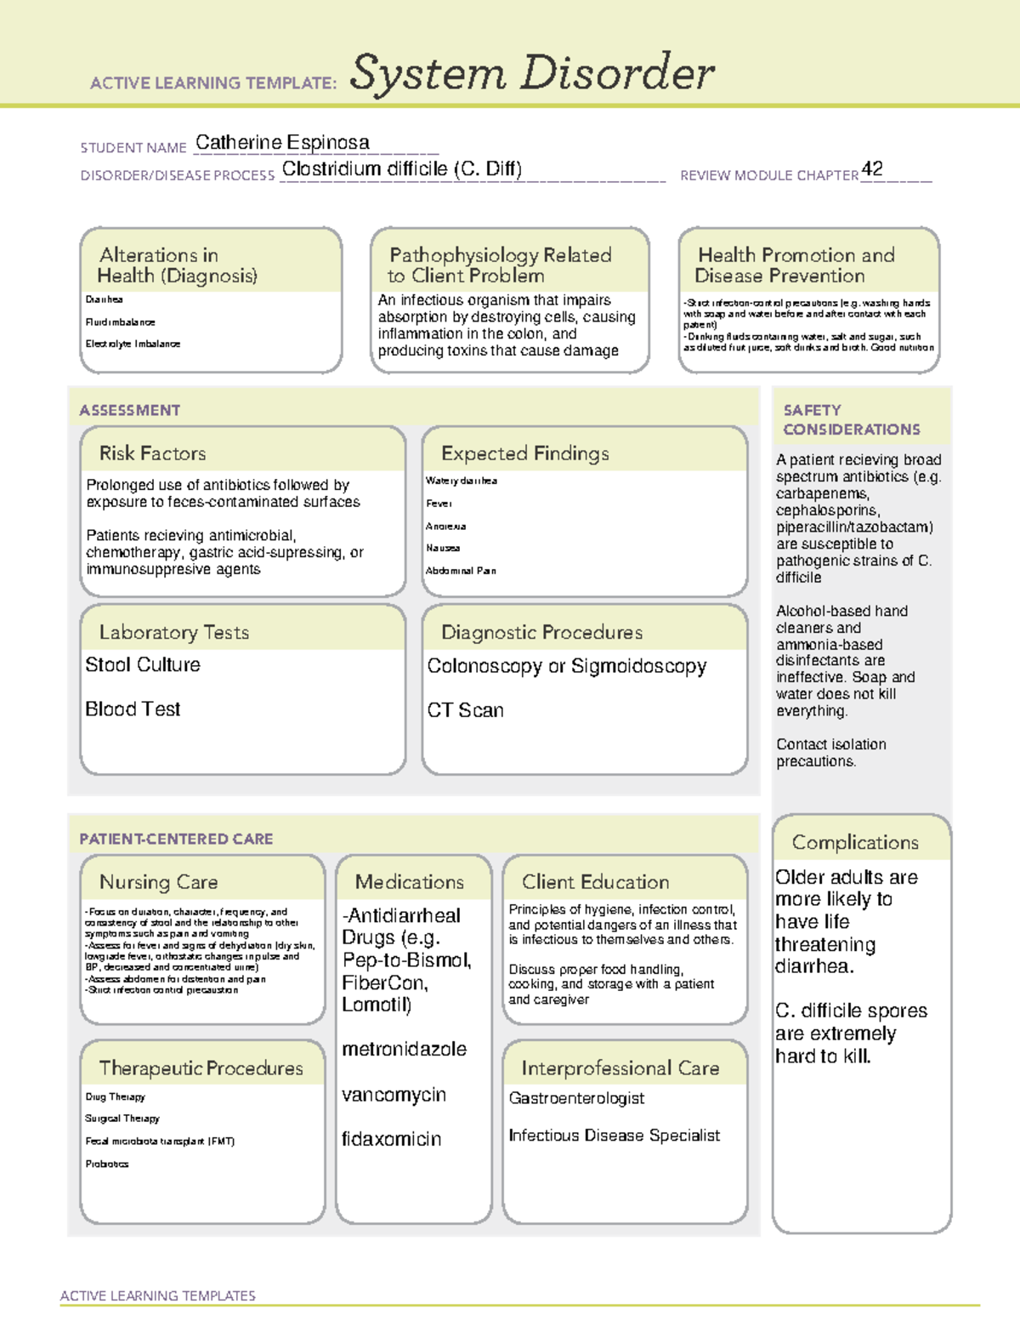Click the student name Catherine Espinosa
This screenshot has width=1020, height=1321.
(282, 143)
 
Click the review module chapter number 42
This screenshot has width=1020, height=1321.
(872, 168)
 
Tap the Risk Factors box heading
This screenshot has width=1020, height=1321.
(152, 453)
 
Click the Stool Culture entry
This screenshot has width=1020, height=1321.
(143, 665)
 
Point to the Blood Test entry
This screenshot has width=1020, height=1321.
(133, 709)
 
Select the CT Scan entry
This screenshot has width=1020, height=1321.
(465, 710)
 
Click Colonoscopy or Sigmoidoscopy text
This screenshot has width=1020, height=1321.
(566, 666)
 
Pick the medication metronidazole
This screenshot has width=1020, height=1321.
(404, 1050)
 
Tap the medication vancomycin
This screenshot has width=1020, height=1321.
(394, 1095)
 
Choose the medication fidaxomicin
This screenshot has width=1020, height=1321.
(391, 1139)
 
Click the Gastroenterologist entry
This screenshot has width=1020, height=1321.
(576, 1098)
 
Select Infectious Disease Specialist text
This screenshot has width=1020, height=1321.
(614, 1136)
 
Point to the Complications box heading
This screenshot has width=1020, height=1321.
(855, 842)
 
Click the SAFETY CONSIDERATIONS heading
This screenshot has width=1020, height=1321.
(851, 419)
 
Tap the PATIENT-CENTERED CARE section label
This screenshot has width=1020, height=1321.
(176, 839)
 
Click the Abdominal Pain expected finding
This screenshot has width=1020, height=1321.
(461, 571)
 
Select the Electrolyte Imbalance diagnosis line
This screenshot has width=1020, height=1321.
(133, 344)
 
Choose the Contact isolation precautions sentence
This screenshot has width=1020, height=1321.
(830, 753)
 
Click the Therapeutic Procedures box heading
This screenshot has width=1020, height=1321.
(201, 1068)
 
